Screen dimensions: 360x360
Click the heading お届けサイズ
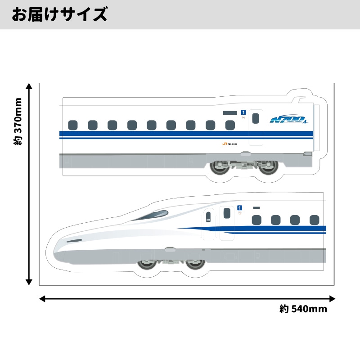click(59, 14)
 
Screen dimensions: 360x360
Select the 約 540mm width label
click(303, 309)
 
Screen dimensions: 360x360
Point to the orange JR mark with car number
click(229, 144)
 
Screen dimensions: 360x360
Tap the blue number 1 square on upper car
click(243, 112)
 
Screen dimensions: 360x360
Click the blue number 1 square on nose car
click(240, 207)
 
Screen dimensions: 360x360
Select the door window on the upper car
click(256, 118)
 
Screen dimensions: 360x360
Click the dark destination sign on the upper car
click(229, 112)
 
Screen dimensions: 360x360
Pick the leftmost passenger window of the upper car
click(72, 124)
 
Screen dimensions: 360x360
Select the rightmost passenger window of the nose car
click(315, 220)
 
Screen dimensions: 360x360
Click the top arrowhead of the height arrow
click(29, 86)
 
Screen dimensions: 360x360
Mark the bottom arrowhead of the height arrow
click(29, 282)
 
